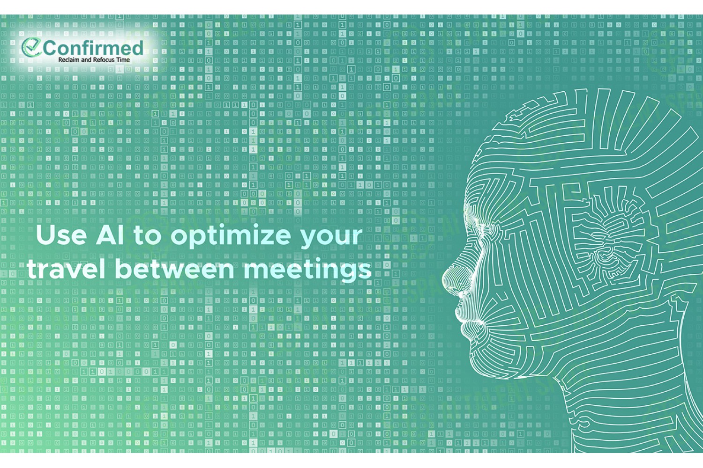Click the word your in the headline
click(331, 239)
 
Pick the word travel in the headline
click(66, 269)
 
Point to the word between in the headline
click(174, 269)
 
